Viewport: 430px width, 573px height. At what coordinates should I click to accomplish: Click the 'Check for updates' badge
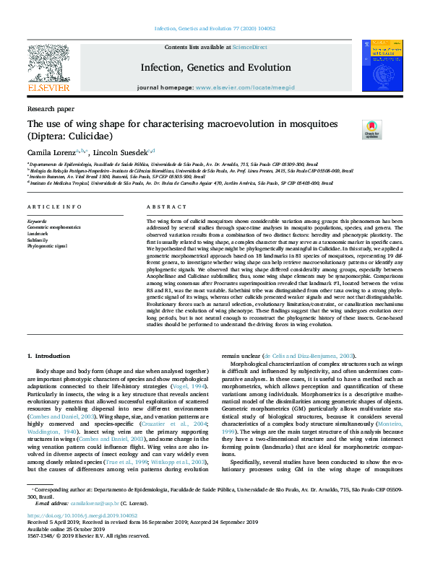click(351, 130)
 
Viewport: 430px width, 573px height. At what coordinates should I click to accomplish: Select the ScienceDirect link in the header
click(249, 47)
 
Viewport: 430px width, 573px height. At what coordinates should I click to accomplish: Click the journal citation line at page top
click(215, 29)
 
